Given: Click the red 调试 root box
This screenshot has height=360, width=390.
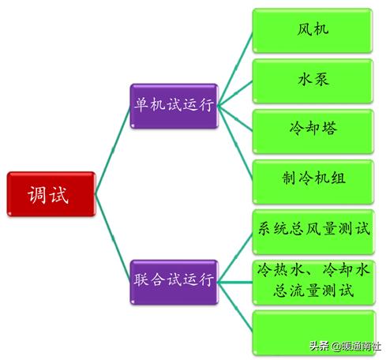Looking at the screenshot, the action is (51, 194).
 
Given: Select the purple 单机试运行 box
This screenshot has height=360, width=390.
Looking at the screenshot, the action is (174, 106).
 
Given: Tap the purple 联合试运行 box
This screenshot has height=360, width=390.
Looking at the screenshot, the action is (174, 282).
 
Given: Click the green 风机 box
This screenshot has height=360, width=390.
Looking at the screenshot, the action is (313, 31).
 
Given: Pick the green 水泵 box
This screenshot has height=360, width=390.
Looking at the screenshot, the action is (313, 81).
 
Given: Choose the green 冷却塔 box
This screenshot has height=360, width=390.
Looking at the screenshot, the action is (313, 132).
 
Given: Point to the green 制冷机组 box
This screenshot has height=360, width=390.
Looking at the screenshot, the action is (313, 182).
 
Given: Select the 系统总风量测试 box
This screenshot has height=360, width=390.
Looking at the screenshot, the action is (313, 232).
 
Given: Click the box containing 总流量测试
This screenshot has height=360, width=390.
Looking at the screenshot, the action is (313, 283).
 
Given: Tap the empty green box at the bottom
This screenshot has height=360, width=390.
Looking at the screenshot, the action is (313, 333).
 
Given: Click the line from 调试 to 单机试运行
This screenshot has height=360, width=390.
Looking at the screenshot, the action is (113, 150).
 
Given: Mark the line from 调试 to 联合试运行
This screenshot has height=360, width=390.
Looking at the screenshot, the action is (113, 238).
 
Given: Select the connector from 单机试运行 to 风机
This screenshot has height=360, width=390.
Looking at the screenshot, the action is (235, 69).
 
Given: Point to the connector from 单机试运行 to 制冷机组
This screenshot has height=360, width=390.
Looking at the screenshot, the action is (235, 144).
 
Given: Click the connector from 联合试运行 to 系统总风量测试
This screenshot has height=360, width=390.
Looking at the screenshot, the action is (235, 258).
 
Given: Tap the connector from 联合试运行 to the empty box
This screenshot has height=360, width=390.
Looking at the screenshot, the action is (235, 306).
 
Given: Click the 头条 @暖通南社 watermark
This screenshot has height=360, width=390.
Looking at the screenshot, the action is (345, 346).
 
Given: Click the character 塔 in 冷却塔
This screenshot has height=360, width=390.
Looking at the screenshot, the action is (329, 129).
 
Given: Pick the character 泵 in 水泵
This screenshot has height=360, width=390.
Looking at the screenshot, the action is (321, 79).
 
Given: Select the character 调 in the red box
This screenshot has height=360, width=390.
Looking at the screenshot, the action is (37, 195).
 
